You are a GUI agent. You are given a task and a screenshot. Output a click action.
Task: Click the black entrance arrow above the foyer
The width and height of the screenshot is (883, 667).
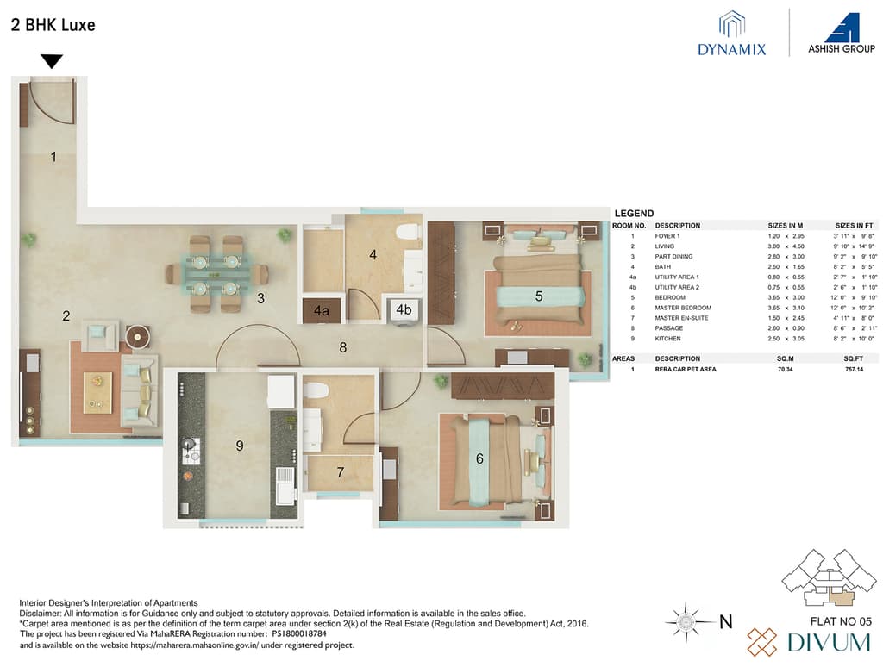tap(53, 61)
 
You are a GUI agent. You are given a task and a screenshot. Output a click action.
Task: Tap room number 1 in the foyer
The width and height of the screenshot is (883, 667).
tap(53, 157)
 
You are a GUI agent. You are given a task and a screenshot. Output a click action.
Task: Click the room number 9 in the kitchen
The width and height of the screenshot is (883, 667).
tap(241, 446)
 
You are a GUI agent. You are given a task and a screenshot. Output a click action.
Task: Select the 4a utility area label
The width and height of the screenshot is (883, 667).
tap(321, 310)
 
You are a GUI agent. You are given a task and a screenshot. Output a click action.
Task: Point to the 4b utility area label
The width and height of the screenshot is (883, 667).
tap(404, 309)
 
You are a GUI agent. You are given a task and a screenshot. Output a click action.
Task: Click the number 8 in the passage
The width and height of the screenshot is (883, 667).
tap(342, 348)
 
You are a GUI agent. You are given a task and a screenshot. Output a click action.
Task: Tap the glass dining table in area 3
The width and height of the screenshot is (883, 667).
tap(216, 273)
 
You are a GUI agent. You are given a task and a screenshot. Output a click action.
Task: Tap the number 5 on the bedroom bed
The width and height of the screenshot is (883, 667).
tap(539, 296)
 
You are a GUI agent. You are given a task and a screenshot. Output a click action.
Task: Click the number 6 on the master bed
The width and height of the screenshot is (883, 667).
tap(479, 459)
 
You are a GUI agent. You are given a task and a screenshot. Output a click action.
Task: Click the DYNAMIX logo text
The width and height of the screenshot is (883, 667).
tap(731, 49)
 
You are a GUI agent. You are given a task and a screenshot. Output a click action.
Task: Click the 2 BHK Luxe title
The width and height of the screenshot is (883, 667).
tap(53, 25)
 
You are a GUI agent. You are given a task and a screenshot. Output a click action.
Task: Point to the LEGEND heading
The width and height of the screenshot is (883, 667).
tap(634, 214)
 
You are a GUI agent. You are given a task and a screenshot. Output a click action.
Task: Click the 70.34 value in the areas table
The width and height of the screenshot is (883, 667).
tap(781, 369)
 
